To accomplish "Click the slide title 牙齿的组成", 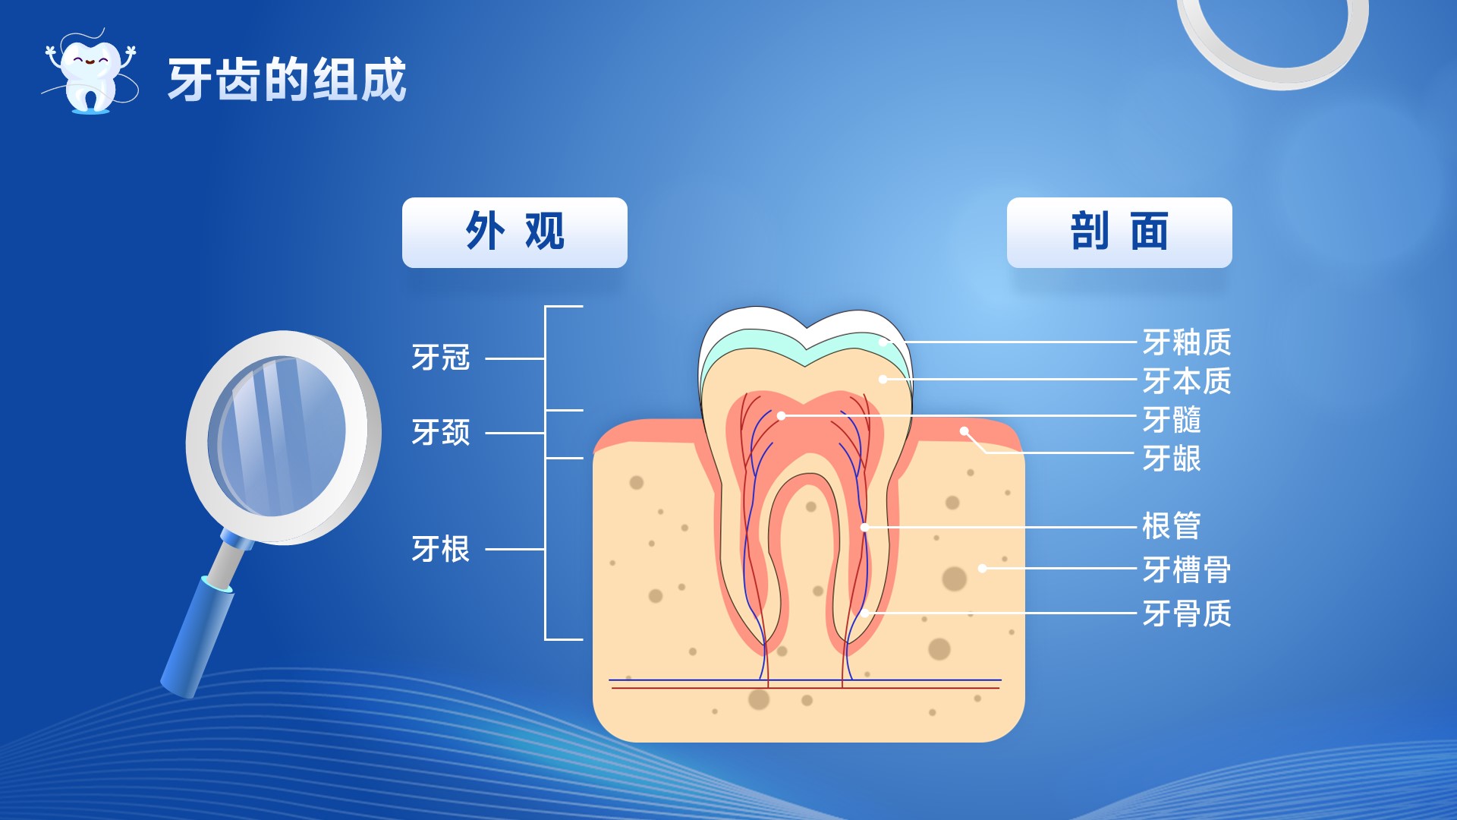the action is pos(287,80).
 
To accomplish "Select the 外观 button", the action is pos(515,232).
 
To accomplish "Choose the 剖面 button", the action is pos(1119,232).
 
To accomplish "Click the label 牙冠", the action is pos(441,358).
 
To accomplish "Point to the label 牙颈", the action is pos(441,433).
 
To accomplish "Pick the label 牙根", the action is pos(441,549).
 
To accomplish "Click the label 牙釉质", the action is pos(1187,342).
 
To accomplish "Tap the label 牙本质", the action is pos(1187,380).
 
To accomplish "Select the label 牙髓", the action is pos(1172,419).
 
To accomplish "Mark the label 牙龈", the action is pos(1172,459).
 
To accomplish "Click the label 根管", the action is pos(1172,525).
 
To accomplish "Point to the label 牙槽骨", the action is pos(1187,569).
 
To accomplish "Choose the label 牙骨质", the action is pos(1187,613).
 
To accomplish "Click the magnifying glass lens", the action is pos(278,436).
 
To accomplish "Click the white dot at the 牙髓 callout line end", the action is pos(782,416).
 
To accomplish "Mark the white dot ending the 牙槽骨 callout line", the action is pos(983,568).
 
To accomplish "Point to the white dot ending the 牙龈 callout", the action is pos(965,431).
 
